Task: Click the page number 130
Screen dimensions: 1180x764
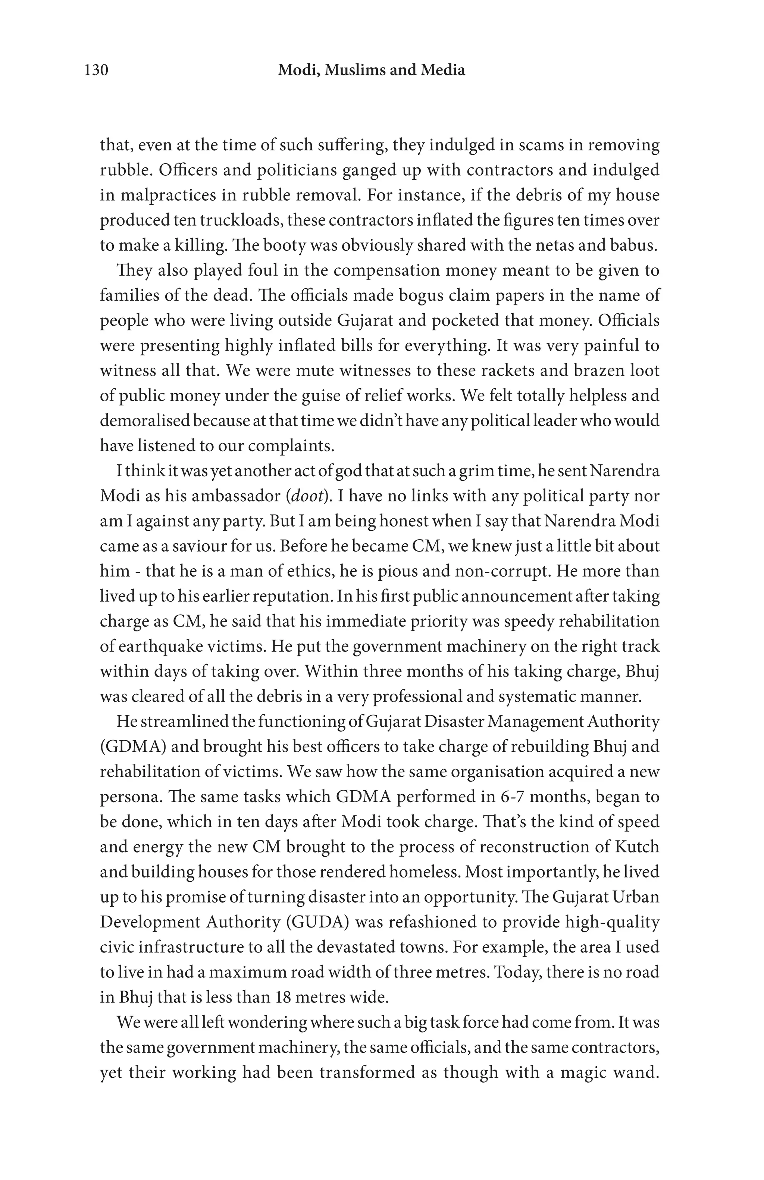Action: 96,70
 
